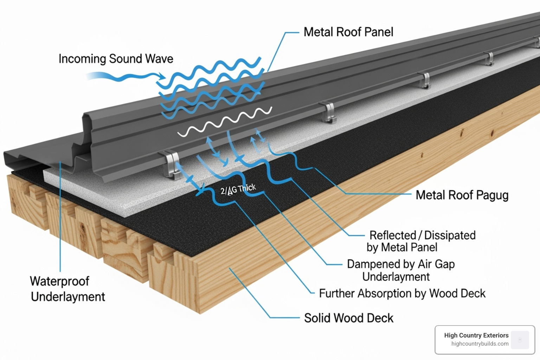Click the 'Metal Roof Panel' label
tap(348, 32)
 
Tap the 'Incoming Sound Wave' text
tap(116, 59)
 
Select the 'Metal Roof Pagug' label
tap(462, 195)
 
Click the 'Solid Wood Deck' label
tap(348, 318)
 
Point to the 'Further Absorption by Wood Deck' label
tap(402, 294)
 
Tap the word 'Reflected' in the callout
tap(392, 235)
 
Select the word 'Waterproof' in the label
tap(59, 281)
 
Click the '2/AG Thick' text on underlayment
tap(238, 189)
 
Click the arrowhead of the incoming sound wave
tap(162, 76)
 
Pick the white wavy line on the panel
tap(225, 121)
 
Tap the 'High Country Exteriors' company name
tap(476, 335)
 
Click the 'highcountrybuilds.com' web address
tap(480, 344)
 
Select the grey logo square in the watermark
tap(520, 340)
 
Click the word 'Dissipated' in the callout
tap(450, 235)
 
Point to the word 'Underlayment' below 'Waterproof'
tap(68, 297)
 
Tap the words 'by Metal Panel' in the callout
tap(402, 247)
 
